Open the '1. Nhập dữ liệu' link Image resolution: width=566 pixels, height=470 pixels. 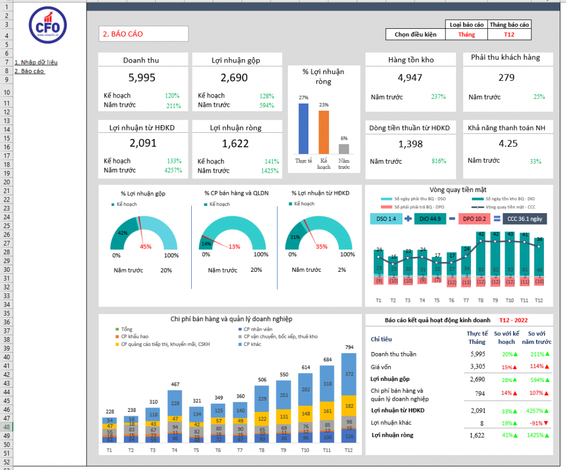click(x=36, y=62)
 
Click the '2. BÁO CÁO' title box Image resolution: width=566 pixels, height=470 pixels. click(x=143, y=34)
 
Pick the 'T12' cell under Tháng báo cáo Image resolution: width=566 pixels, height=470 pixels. click(x=510, y=34)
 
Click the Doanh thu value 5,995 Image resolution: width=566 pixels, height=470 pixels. click(x=142, y=78)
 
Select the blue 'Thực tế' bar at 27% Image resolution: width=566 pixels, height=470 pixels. click(x=303, y=128)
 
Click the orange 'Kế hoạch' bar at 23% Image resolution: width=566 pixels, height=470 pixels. click(x=323, y=132)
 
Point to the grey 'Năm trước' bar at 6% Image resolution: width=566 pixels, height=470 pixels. click(x=344, y=148)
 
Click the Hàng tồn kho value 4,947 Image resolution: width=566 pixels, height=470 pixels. click(x=410, y=78)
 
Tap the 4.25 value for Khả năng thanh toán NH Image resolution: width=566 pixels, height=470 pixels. click(x=508, y=143)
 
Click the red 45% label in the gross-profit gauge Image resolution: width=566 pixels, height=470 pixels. click(x=145, y=247)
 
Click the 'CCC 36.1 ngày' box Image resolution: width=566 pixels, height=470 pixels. click(x=525, y=219)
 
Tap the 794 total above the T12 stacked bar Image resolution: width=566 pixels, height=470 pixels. click(x=349, y=348)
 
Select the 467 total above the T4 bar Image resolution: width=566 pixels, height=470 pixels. click(x=175, y=384)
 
